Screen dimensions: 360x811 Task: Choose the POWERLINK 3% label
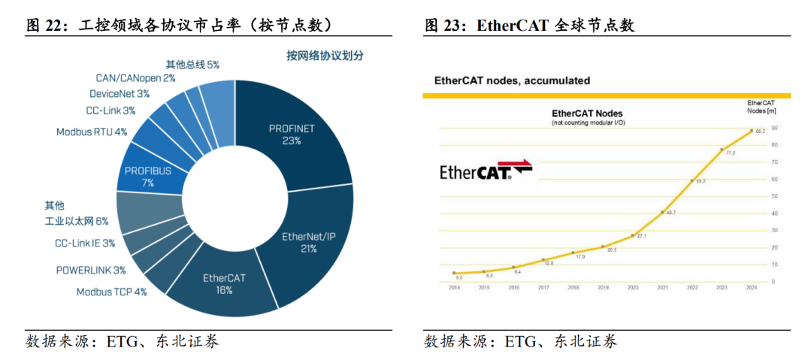pos(91,270)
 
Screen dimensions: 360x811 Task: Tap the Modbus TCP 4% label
pos(111,292)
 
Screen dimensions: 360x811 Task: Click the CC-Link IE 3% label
pos(85,243)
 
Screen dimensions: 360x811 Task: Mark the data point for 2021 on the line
pos(662,213)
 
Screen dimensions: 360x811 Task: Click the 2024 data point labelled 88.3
pos(752,130)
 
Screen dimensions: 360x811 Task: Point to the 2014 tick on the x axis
pos(455,288)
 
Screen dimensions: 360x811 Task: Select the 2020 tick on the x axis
pos(633,288)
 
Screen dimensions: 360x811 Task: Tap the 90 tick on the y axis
pos(773,127)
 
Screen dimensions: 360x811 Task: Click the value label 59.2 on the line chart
pos(701,182)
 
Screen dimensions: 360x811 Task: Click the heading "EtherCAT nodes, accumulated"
pos(513,80)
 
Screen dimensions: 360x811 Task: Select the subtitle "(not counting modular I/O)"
pos(588,122)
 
